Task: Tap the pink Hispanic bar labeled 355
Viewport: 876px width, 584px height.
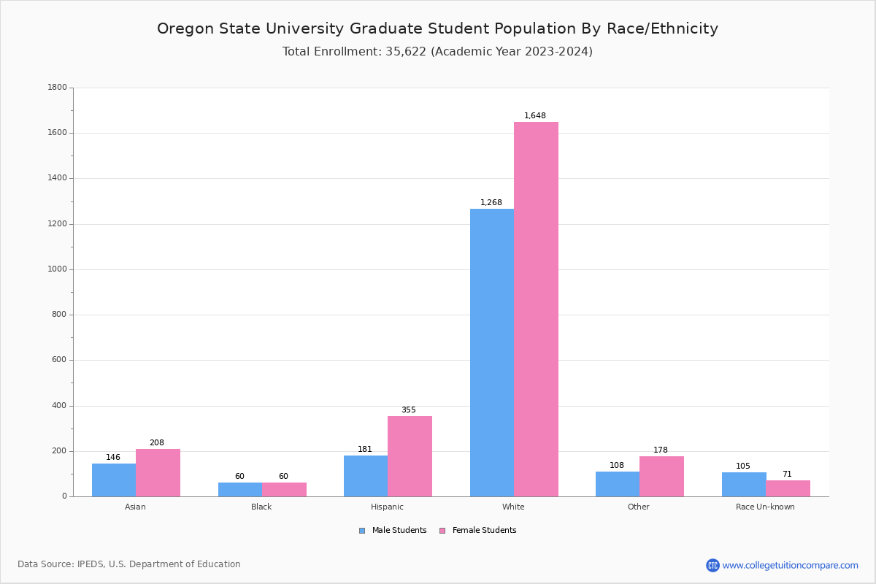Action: click(x=410, y=456)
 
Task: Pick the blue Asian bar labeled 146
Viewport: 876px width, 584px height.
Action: click(x=114, y=480)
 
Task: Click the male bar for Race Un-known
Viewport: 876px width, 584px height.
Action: click(x=744, y=484)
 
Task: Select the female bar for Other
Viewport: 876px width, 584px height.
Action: click(x=661, y=476)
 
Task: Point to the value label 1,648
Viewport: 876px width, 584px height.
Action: click(x=535, y=116)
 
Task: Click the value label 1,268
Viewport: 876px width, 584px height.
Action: click(x=491, y=203)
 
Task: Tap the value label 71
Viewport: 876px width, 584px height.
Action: click(x=787, y=474)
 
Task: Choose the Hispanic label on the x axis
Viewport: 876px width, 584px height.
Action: click(x=387, y=507)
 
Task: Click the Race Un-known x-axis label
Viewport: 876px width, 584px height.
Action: click(x=765, y=507)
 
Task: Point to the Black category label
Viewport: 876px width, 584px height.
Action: click(x=261, y=507)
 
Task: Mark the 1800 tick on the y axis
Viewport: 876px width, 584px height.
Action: click(x=57, y=88)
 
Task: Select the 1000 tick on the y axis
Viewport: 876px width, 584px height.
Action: click(x=57, y=269)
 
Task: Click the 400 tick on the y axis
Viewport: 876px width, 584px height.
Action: click(x=59, y=406)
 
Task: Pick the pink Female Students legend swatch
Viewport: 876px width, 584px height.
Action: click(x=442, y=531)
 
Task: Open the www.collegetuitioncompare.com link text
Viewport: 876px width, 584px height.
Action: click(x=790, y=566)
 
